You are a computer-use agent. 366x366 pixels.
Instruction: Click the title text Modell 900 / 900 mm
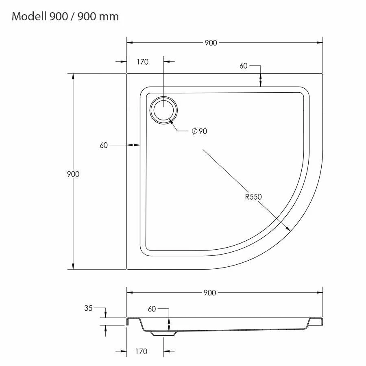pos(65,17)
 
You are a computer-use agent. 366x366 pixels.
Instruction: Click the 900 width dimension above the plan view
pos(211,43)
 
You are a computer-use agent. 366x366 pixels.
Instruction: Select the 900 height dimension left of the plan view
pos(73,174)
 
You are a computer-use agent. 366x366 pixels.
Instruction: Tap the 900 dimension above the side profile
pos(209,293)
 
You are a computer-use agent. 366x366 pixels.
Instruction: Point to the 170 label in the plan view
pos(143,62)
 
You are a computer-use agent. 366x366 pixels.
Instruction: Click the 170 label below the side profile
pos(141,351)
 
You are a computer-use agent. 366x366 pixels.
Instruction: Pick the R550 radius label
pos(253,197)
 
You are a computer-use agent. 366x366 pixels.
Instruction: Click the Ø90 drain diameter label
pos(199,131)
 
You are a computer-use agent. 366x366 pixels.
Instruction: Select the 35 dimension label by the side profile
pos(89,308)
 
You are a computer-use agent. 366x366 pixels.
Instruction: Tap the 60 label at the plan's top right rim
pos(244,66)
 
